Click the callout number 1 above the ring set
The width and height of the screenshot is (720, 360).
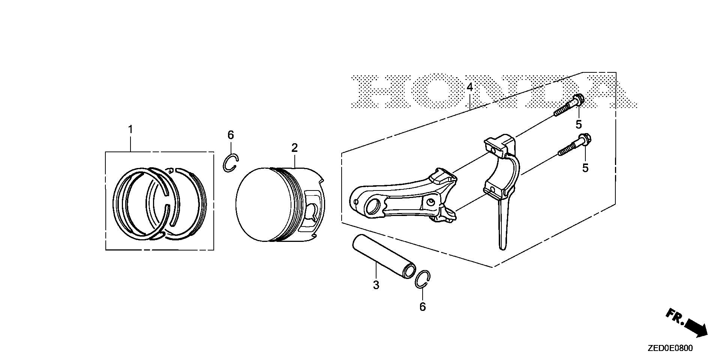tap(130, 130)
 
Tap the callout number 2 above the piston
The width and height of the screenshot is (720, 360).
tap(294, 148)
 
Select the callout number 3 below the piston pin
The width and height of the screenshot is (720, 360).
tap(376, 285)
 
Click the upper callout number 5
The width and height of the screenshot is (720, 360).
tap(579, 124)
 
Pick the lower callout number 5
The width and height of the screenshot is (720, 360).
tap(585, 168)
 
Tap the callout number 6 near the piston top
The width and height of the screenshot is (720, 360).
tap(231, 135)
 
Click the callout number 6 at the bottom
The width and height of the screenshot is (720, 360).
tap(423, 307)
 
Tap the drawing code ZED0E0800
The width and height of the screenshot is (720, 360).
tap(670, 348)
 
